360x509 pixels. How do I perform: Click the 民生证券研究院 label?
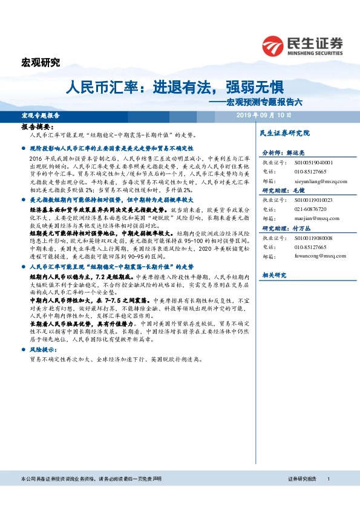(x=284, y=132)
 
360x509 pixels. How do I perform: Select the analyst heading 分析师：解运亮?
(x=283, y=154)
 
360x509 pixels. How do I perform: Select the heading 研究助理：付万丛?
(x=282, y=229)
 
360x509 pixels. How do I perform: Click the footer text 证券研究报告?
(x=302, y=479)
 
